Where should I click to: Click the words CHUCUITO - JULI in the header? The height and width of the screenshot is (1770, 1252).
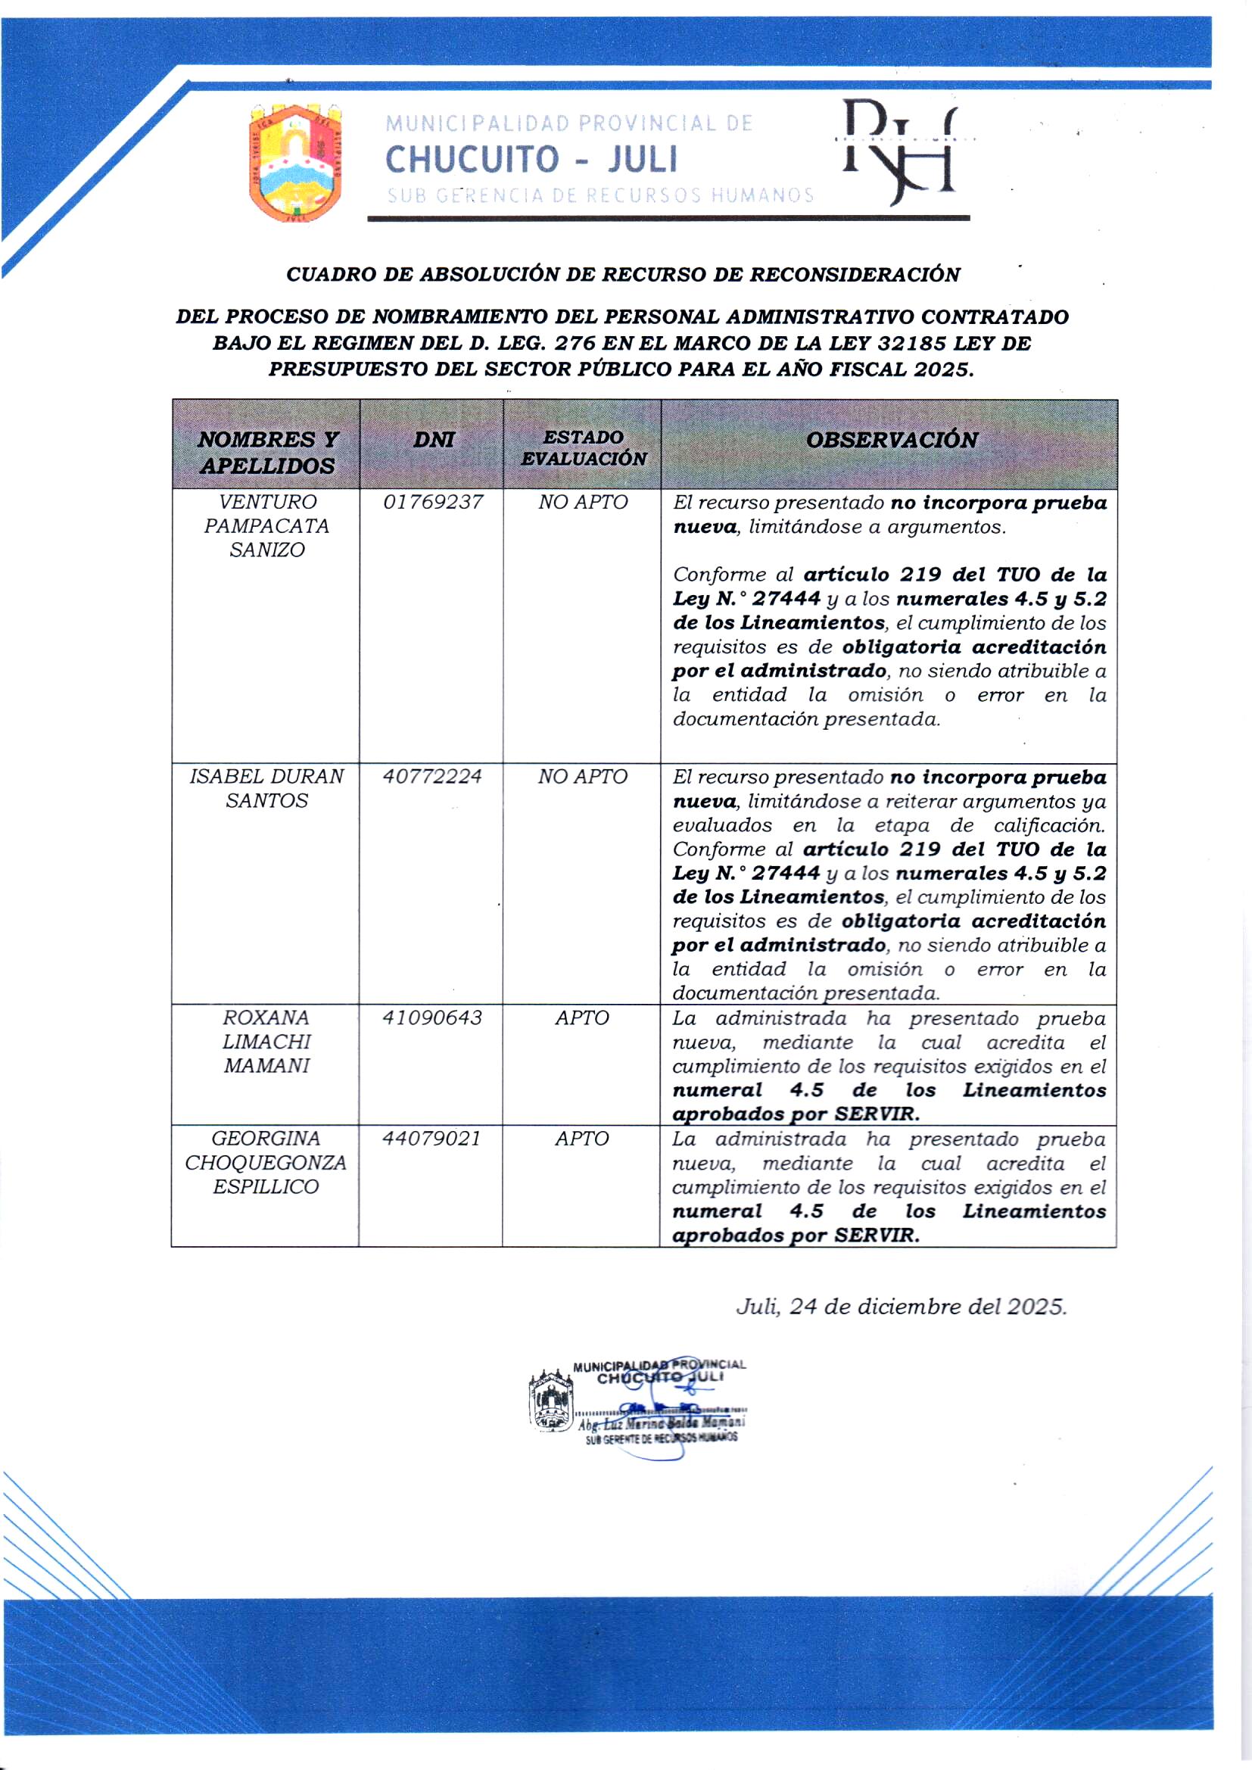(531, 160)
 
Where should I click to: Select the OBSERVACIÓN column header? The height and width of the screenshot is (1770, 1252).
(891, 440)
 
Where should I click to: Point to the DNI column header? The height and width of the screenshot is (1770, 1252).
(433, 440)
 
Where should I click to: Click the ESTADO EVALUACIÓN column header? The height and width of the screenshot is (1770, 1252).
(584, 448)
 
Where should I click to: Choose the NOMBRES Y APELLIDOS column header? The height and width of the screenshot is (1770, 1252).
(267, 453)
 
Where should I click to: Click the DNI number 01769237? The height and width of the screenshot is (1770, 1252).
(433, 503)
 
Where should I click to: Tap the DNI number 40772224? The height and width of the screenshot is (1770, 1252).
(432, 777)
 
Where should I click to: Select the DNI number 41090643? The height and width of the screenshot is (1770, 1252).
(432, 1018)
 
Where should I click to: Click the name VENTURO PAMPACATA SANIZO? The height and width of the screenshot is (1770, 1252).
(266, 526)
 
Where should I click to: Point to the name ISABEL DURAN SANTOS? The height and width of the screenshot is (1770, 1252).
(266, 789)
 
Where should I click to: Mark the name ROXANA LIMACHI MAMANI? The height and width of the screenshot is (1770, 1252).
(266, 1042)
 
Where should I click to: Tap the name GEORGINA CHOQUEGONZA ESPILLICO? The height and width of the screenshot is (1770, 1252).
(266, 1163)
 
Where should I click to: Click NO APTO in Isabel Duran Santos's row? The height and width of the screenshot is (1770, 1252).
(583, 777)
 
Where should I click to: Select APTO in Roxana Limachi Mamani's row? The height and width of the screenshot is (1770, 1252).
(582, 1018)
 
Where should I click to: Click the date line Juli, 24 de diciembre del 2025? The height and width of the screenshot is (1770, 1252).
(902, 1307)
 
